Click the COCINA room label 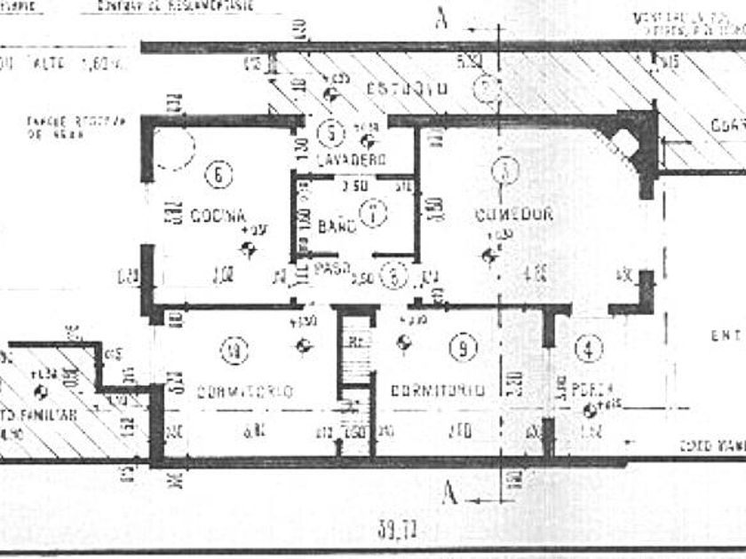pyautogui.click(x=218, y=216)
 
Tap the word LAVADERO pyautogui.click(x=352, y=160)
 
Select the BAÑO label pyautogui.click(x=337, y=225)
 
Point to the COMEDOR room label pyautogui.click(x=514, y=214)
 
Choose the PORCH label pyautogui.click(x=592, y=388)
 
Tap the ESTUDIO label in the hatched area pyautogui.click(x=405, y=89)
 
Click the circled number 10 pyautogui.click(x=234, y=353)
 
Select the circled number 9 pyautogui.click(x=462, y=349)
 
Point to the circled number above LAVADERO pyautogui.click(x=330, y=133)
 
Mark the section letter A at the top pyautogui.click(x=440, y=19)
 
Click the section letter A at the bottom pyautogui.click(x=450, y=493)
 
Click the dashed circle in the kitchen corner pyautogui.click(x=175, y=148)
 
